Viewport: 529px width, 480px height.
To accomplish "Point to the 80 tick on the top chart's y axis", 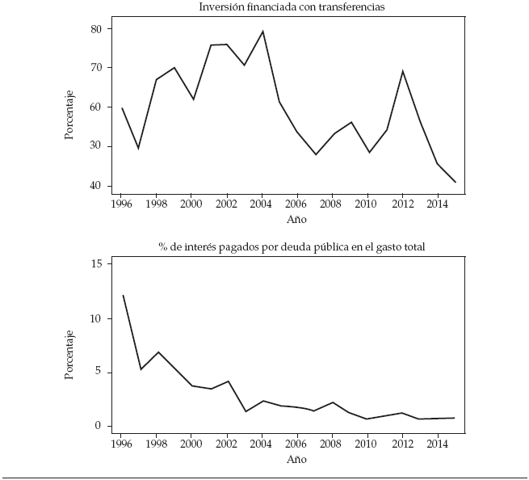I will coord(96,29).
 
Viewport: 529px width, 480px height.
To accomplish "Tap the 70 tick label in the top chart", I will coord(96,68).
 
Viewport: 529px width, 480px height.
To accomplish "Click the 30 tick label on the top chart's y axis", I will coord(96,146).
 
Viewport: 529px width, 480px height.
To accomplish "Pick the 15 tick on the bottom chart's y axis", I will coord(96,264).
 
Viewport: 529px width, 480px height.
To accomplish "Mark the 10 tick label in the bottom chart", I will coord(96,318).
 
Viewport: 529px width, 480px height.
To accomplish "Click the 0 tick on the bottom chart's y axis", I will coord(99,426).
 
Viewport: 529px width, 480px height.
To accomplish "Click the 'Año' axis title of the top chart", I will coord(297,219).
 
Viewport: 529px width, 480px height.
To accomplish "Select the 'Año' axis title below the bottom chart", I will coord(297,460).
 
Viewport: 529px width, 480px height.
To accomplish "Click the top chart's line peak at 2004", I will coord(262,32).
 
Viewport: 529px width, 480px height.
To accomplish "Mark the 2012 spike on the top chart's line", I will coord(402,71).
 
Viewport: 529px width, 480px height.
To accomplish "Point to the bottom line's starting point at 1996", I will coord(122,295).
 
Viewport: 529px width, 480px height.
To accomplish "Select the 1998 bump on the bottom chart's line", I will coord(157,352).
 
